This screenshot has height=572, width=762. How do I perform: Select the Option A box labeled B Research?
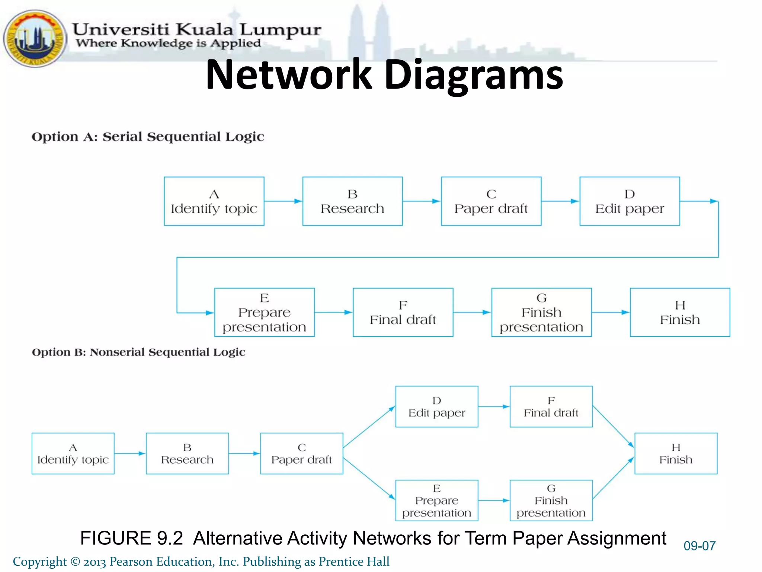352,201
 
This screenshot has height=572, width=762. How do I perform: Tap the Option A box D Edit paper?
630,201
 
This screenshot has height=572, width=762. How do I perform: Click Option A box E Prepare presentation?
264,312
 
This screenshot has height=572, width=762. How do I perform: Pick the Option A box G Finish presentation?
541,312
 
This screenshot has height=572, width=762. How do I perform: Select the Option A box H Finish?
680,312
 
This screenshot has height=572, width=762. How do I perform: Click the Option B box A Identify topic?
73,453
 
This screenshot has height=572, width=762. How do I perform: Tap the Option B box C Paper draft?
301,453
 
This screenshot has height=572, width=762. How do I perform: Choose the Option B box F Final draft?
551,406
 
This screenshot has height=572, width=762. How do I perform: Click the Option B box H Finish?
676,453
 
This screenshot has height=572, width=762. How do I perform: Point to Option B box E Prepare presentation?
436,500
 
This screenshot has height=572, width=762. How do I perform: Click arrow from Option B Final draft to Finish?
613,427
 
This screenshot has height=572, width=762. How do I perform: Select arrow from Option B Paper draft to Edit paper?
368,427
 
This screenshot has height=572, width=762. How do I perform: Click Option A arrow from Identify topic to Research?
283,201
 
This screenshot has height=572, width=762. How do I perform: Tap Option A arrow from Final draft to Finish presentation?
472,312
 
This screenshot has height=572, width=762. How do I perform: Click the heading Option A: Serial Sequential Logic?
148,137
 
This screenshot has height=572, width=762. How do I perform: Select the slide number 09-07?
699,546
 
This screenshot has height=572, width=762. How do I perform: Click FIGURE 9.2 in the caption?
131,538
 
